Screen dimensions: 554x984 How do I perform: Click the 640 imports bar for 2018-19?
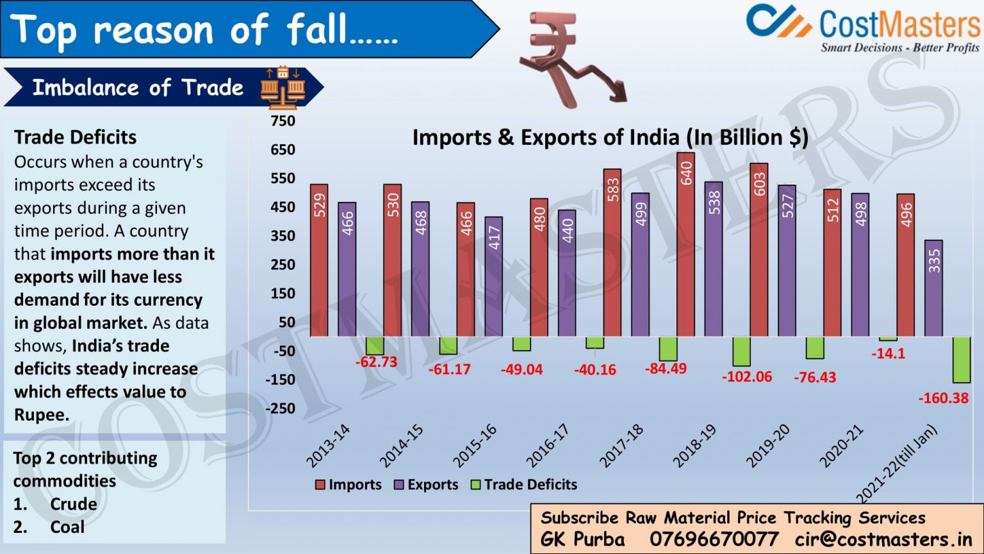pyautogui.click(x=685, y=244)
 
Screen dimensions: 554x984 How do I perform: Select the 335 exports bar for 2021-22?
pyautogui.click(x=933, y=288)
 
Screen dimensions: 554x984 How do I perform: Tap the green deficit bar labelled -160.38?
pyautogui.click(x=961, y=360)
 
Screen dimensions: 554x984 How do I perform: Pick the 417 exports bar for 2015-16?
pyautogui.click(x=493, y=276)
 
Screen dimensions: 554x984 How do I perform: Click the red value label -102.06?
pyautogui.click(x=746, y=377)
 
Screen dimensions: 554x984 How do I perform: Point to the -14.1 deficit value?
pyautogui.click(x=888, y=354)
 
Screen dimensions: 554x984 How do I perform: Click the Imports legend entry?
pyautogui.click(x=348, y=485)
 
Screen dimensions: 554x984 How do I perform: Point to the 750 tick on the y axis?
pyautogui.click(x=283, y=121)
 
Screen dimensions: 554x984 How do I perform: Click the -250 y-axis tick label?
pyautogui.click(x=281, y=408)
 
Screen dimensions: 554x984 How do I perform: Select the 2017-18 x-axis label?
pyautogui.click(x=621, y=446)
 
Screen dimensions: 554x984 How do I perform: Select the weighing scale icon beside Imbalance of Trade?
pyautogui.click(x=283, y=86)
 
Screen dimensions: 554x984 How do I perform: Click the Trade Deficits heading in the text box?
pyautogui.click(x=76, y=137)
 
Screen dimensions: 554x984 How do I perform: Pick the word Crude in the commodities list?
pyautogui.click(x=74, y=504)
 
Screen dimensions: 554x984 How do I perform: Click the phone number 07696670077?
pyautogui.click(x=714, y=539)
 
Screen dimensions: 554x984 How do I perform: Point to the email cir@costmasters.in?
pyautogui.click(x=883, y=539)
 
